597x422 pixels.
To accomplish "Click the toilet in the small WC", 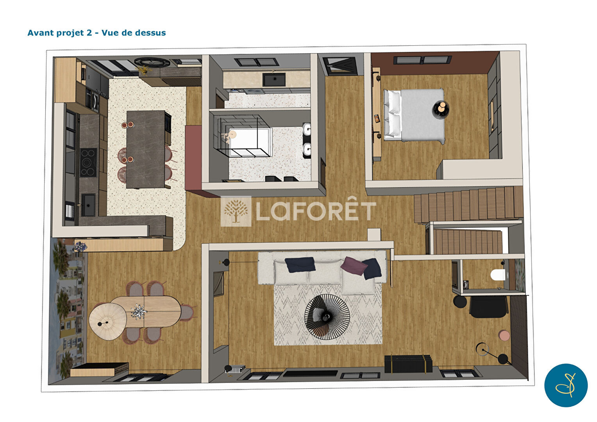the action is click(x=498, y=275).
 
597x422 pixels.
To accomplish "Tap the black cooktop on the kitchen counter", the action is click(x=88, y=162).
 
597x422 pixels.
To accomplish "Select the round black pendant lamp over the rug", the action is click(x=327, y=317).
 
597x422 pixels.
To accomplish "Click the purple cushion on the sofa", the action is click(x=352, y=265).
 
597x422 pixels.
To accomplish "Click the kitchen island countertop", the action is click(x=145, y=149).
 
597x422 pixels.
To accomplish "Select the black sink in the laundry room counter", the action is click(x=274, y=79).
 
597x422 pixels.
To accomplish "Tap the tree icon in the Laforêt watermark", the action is click(x=236, y=211).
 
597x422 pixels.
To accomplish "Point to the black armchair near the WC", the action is click(x=488, y=307).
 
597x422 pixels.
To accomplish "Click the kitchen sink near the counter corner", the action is click(x=88, y=205).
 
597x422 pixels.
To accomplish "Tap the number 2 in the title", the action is click(x=89, y=33).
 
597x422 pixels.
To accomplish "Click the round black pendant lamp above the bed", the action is click(x=441, y=109).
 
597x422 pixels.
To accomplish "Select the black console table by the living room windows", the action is click(x=408, y=364).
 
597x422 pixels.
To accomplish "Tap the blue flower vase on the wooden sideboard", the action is click(x=80, y=246).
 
